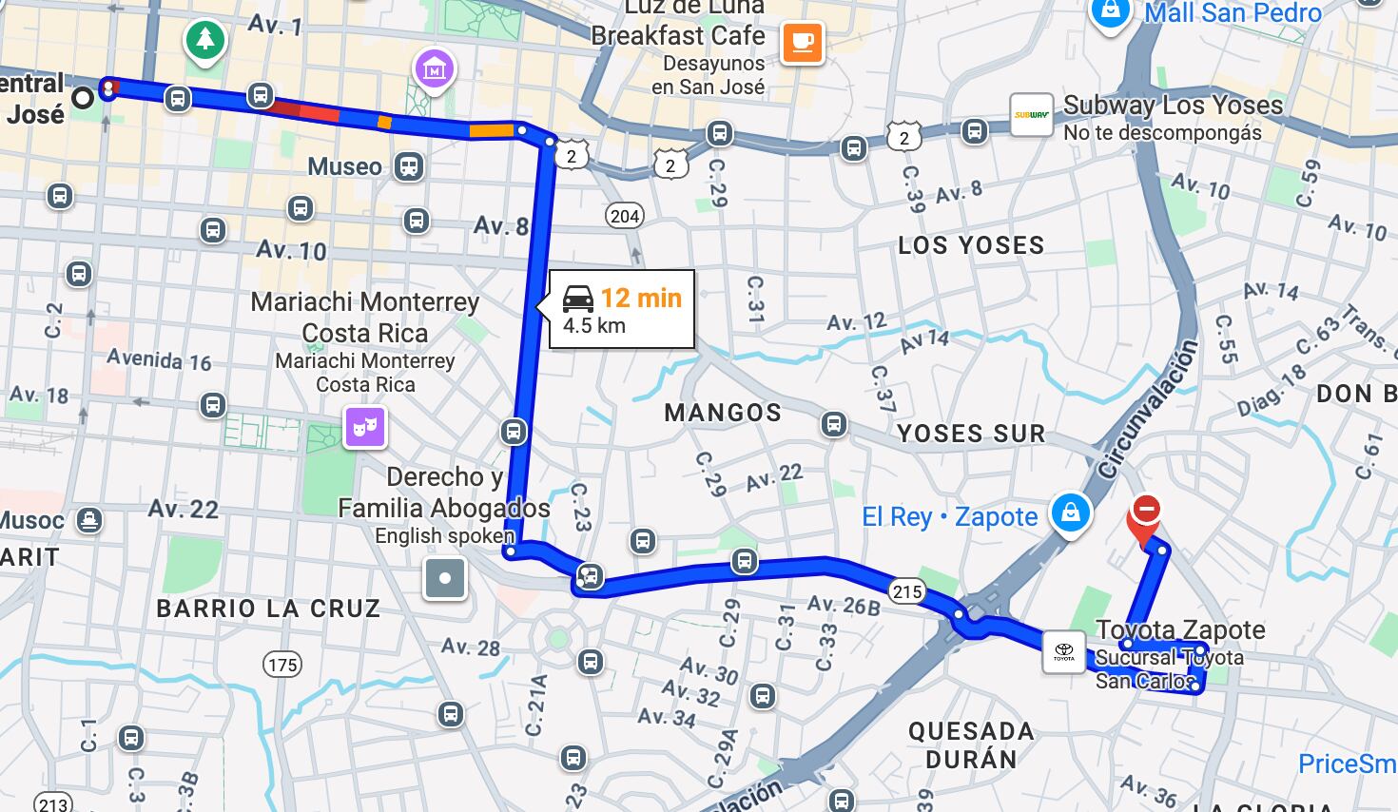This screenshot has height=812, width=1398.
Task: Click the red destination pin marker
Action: (1146, 514)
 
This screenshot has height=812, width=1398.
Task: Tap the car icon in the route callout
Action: (578, 299)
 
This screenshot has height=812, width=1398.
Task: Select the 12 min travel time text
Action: (641, 299)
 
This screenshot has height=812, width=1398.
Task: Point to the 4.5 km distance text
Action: (594, 325)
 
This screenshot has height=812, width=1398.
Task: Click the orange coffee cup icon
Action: (802, 43)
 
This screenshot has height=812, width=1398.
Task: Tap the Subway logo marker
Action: (1032, 115)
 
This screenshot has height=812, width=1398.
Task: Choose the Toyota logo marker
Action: (1063, 651)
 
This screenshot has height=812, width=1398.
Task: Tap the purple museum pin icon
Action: (434, 69)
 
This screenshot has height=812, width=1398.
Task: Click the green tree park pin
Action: (205, 41)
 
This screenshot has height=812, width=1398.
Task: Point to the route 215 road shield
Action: (907, 591)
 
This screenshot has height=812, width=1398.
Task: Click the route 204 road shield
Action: (625, 216)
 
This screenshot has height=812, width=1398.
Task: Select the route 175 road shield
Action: (282, 665)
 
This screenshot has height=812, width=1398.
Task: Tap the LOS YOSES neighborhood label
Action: (971, 245)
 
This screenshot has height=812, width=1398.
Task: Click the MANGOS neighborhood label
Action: (723, 413)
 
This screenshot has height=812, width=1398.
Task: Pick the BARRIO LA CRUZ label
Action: (268, 609)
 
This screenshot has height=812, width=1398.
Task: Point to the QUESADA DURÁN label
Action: (971, 744)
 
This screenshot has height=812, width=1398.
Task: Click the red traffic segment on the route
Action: (304, 111)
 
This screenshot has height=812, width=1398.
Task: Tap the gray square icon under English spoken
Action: (445, 578)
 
